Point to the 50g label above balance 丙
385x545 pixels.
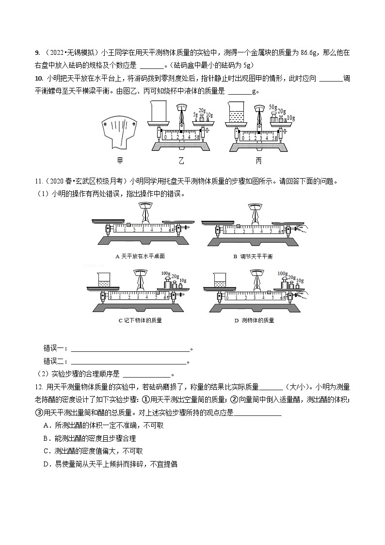pyautogui.click(x=272, y=107)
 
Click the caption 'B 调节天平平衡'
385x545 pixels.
pyautogui.click(x=253, y=256)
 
